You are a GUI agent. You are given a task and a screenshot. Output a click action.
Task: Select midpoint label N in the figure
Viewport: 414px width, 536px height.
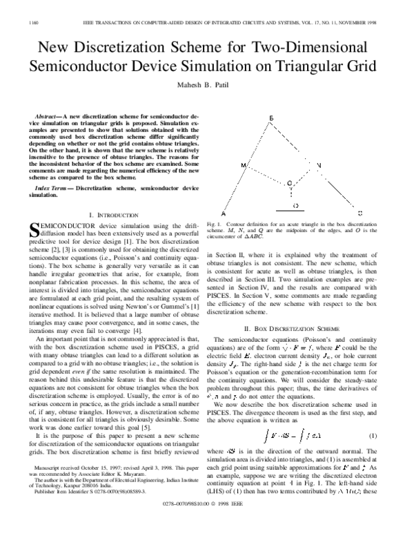(x=319, y=166)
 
